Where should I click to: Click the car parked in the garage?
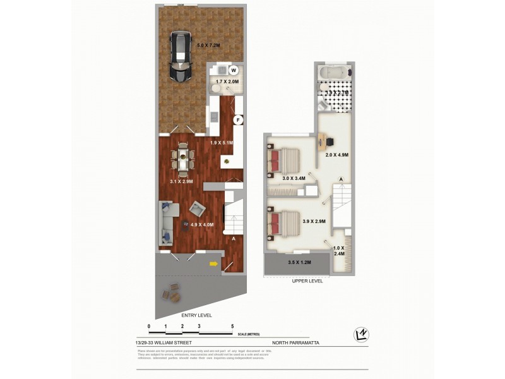(x=181, y=57)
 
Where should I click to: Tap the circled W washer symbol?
(x=233, y=70)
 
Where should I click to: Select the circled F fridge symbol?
(x=238, y=119)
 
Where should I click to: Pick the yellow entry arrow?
(x=214, y=264)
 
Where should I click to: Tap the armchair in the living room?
(x=198, y=208)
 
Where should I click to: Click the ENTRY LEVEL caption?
(x=196, y=315)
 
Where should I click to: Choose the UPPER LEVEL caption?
(x=307, y=281)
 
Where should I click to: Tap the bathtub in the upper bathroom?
(x=335, y=72)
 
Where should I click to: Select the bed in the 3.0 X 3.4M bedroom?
(x=287, y=160)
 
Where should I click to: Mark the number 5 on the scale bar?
(x=233, y=327)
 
